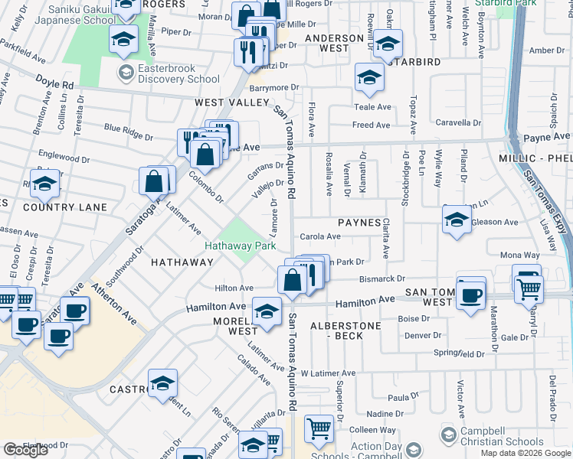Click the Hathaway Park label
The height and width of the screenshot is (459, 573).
pos(240,246)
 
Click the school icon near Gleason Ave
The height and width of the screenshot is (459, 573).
pos(457,220)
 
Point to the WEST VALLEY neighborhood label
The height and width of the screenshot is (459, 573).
pos(231,102)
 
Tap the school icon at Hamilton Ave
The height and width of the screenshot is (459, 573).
pos(267,311)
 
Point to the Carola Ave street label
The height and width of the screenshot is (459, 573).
pos(319,237)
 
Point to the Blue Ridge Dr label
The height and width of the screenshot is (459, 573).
pos(128,132)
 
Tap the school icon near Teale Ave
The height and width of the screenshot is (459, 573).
pos(368,77)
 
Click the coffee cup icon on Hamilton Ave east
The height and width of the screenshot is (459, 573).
pos(470,295)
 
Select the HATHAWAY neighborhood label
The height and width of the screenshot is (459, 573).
pos(182,262)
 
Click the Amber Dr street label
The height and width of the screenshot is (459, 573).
pos(546,50)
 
